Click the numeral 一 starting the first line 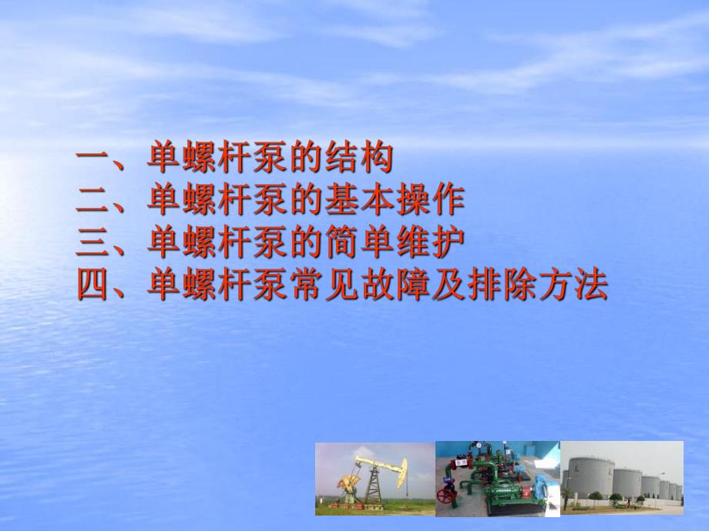tap(94, 159)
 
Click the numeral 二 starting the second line tap(94, 201)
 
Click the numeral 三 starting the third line tap(94, 243)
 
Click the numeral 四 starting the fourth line tap(94, 286)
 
